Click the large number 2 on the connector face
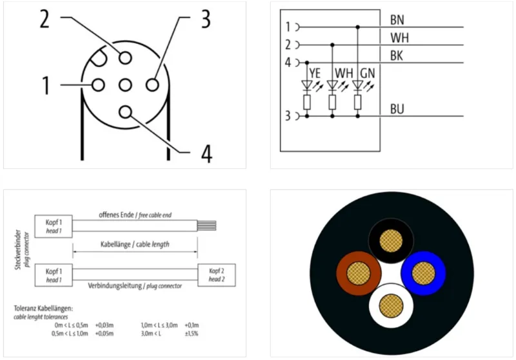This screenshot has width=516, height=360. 45,19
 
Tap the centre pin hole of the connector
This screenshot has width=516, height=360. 125,85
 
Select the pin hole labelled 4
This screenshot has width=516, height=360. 125,112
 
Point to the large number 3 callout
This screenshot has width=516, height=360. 206,19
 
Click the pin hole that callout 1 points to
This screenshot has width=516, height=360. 98,85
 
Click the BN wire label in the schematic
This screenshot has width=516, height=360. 397,20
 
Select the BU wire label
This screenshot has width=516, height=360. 397,109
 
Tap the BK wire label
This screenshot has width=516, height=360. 397,56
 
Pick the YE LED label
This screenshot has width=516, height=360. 315,73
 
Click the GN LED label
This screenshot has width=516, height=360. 368,73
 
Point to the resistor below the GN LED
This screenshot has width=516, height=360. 358,103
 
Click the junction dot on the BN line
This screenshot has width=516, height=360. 358,27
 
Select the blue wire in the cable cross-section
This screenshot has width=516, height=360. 423,273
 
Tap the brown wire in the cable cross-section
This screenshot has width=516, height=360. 359,273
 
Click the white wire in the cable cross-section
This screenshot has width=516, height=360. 391,306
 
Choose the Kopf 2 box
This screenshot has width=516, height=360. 217,275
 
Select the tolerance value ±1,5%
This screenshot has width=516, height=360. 192,334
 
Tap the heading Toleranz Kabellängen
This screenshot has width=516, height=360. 43,308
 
